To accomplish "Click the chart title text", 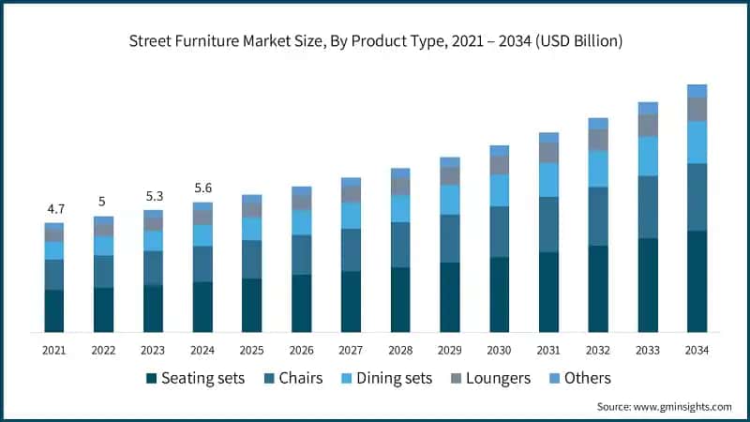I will [x=375, y=41].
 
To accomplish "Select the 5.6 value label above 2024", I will [x=202, y=188].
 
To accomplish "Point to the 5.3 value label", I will [x=153, y=196].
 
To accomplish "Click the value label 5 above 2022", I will [x=103, y=202].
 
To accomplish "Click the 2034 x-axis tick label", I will [x=697, y=350].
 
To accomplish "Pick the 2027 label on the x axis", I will [x=351, y=350].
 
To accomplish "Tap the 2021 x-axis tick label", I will [x=53, y=350].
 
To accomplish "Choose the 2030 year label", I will [x=499, y=350].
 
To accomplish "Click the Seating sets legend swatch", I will [x=151, y=379].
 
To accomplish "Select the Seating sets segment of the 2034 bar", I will [x=697, y=281].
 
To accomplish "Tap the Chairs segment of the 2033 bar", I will [x=647, y=207].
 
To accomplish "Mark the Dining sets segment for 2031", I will [x=548, y=179].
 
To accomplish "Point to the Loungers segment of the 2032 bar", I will [x=598, y=140].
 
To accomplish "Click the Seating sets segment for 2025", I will [x=251, y=305].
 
